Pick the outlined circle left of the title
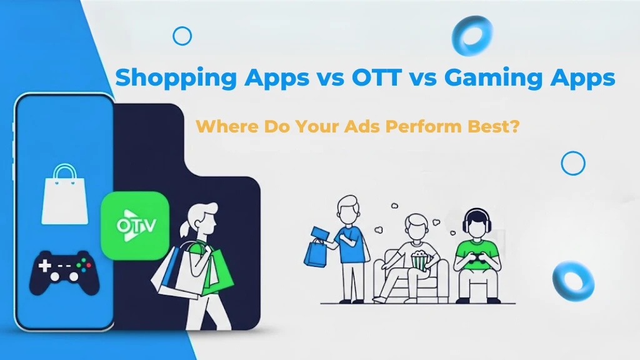coord(182,36)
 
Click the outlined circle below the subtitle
coord(572,164)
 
